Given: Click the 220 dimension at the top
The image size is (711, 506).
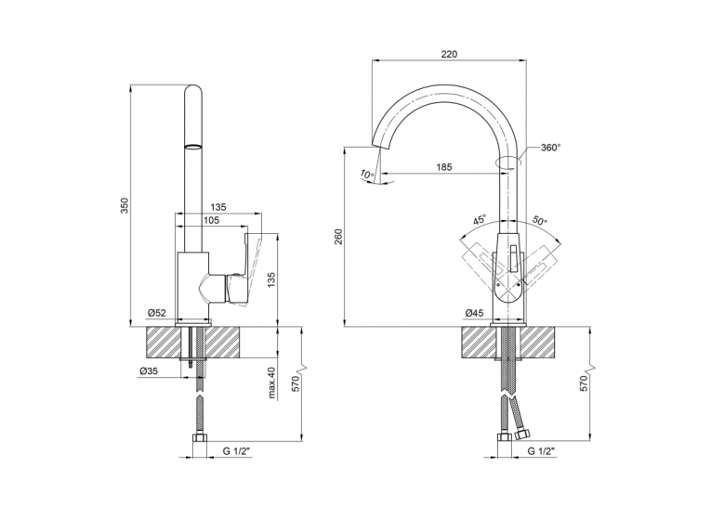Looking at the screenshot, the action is (449, 54).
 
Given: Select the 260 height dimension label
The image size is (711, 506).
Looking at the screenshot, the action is (340, 237).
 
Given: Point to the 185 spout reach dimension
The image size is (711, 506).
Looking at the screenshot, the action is (444, 167).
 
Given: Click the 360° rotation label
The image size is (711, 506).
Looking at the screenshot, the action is (550, 148).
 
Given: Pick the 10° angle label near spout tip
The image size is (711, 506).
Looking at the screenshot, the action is (367, 174).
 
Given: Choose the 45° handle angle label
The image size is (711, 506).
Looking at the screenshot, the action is (480, 220).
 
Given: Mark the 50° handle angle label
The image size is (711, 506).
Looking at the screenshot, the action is (540, 221).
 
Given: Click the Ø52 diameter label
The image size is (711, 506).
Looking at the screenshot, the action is (157, 313).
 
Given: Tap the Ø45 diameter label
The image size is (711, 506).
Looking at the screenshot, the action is (474, 313).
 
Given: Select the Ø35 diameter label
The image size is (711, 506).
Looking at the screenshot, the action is (149, 371).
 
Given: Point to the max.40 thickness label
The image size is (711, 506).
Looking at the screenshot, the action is (272, 383).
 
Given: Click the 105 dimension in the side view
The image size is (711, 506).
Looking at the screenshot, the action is (212, 220).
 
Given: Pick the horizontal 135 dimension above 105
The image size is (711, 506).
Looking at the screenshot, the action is (218, 207).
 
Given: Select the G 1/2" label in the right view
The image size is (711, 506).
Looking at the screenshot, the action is (541, 451).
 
